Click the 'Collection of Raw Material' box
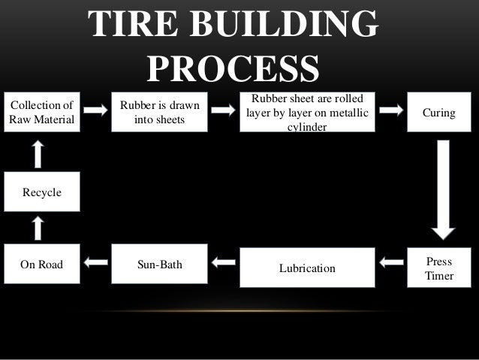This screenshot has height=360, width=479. [42, 113]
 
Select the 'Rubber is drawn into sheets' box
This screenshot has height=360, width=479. [159, 113]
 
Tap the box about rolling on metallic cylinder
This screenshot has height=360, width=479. [306, 113]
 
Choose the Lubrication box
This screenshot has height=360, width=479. [306, 268]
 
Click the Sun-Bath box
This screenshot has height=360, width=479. [159, 265]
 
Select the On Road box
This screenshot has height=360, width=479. [42, 265]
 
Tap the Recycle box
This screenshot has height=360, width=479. [42, 192]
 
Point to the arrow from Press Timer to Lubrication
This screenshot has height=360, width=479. [391, 263]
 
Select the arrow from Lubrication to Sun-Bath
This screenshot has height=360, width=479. [223, 263]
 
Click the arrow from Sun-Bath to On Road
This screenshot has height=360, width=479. [95, 263]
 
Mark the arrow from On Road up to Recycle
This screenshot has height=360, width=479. [40, 228]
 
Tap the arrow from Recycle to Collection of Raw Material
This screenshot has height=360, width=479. [40, 155]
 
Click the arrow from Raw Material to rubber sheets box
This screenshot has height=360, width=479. [95, 110]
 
